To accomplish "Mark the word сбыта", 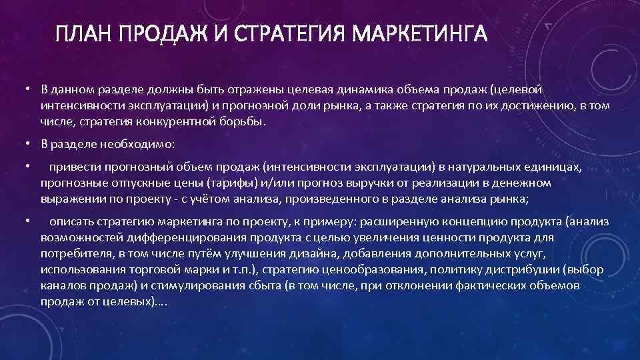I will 240,286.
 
